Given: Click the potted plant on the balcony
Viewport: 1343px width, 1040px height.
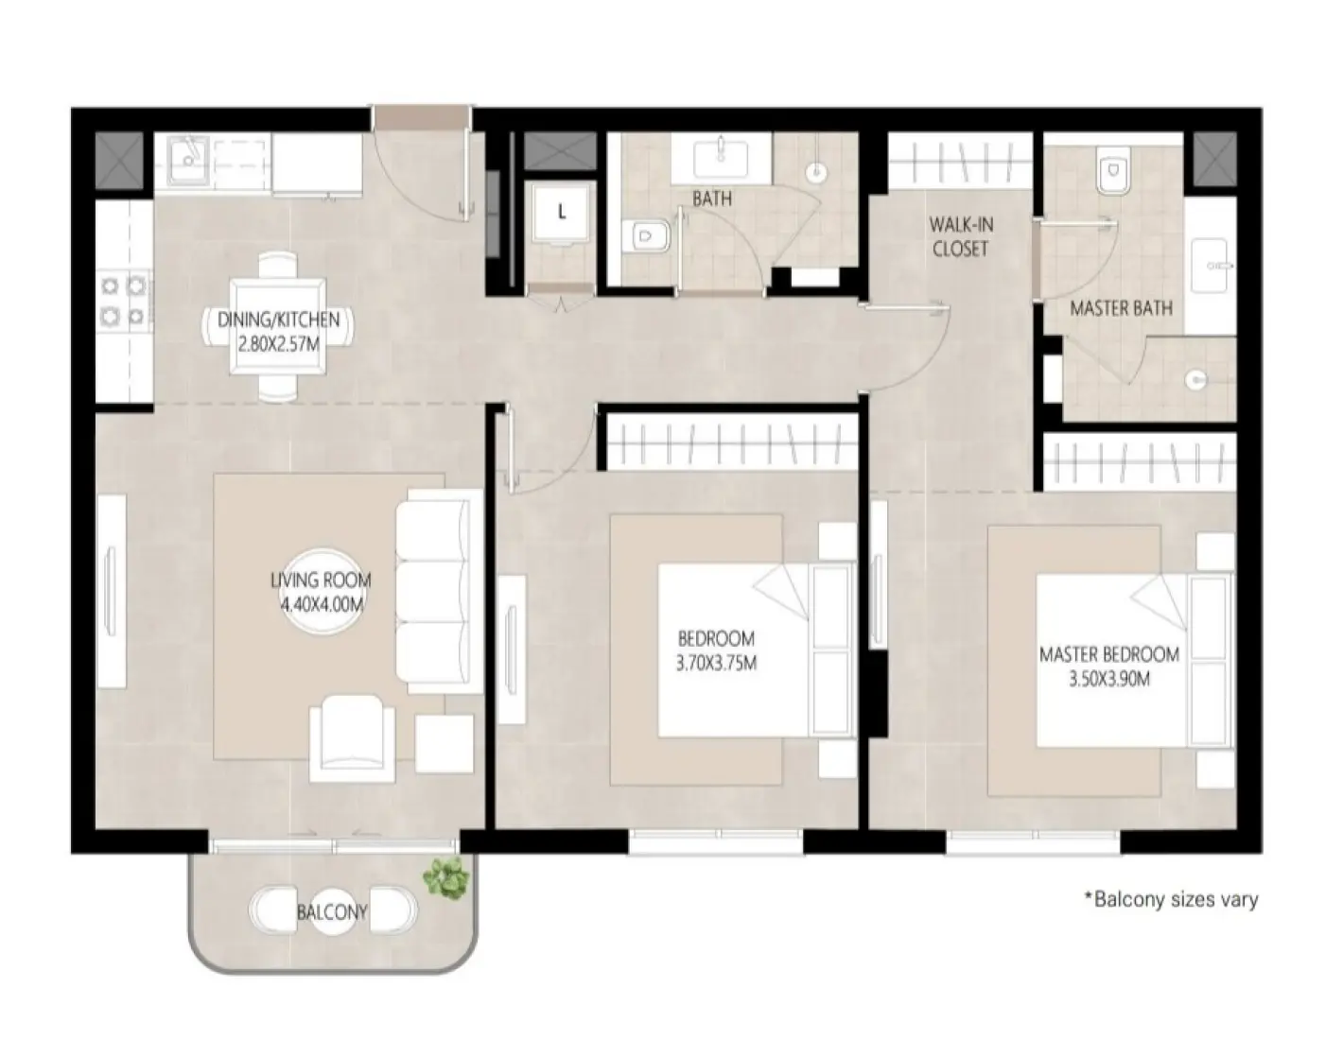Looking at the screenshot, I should (x=445, y=878).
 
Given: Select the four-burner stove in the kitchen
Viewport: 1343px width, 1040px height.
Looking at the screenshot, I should (x=124, y=299).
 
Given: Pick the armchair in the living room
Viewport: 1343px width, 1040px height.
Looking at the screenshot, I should (x=353, y=737).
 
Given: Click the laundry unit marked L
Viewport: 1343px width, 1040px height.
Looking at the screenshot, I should (x=561, y=213).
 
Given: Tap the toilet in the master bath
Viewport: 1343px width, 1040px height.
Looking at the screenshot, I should (x=1113, y=174).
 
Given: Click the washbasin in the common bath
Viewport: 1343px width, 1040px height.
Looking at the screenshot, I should (x=722, y=154).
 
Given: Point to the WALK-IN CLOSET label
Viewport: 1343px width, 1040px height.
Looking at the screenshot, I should (x=960, y=236).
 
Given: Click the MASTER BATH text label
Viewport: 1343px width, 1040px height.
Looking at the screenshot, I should (x=1121, y=308).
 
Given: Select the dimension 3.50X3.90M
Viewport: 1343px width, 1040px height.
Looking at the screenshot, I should (x=1109, y=678).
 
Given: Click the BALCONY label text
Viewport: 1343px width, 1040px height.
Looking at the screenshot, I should (x=331, y=912).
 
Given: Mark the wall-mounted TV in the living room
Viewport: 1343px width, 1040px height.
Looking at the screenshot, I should (x=112, y=592).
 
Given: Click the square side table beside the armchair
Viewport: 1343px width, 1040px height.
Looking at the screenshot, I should (x=444, y=744).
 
